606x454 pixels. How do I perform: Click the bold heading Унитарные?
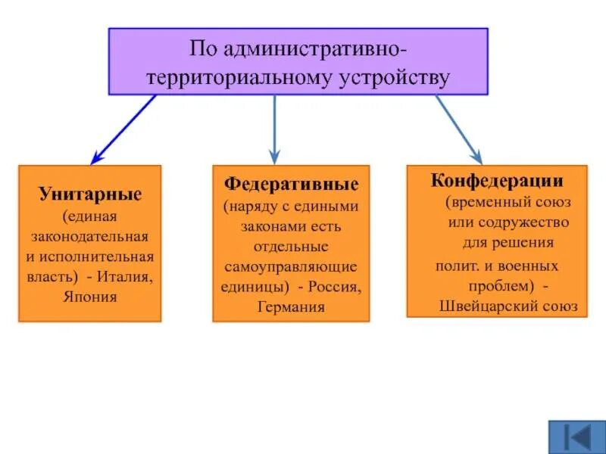90,194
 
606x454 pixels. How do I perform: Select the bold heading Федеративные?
291,184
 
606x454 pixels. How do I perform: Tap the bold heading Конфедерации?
497,181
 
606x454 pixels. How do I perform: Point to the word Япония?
91,296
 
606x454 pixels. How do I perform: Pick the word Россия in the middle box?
335,288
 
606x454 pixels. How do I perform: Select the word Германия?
291,307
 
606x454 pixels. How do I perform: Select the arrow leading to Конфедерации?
458,129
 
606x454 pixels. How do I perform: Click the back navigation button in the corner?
573,436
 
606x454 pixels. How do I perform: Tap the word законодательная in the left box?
90,237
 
